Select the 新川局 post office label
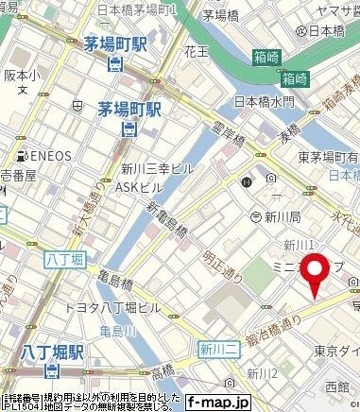(283, 215)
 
